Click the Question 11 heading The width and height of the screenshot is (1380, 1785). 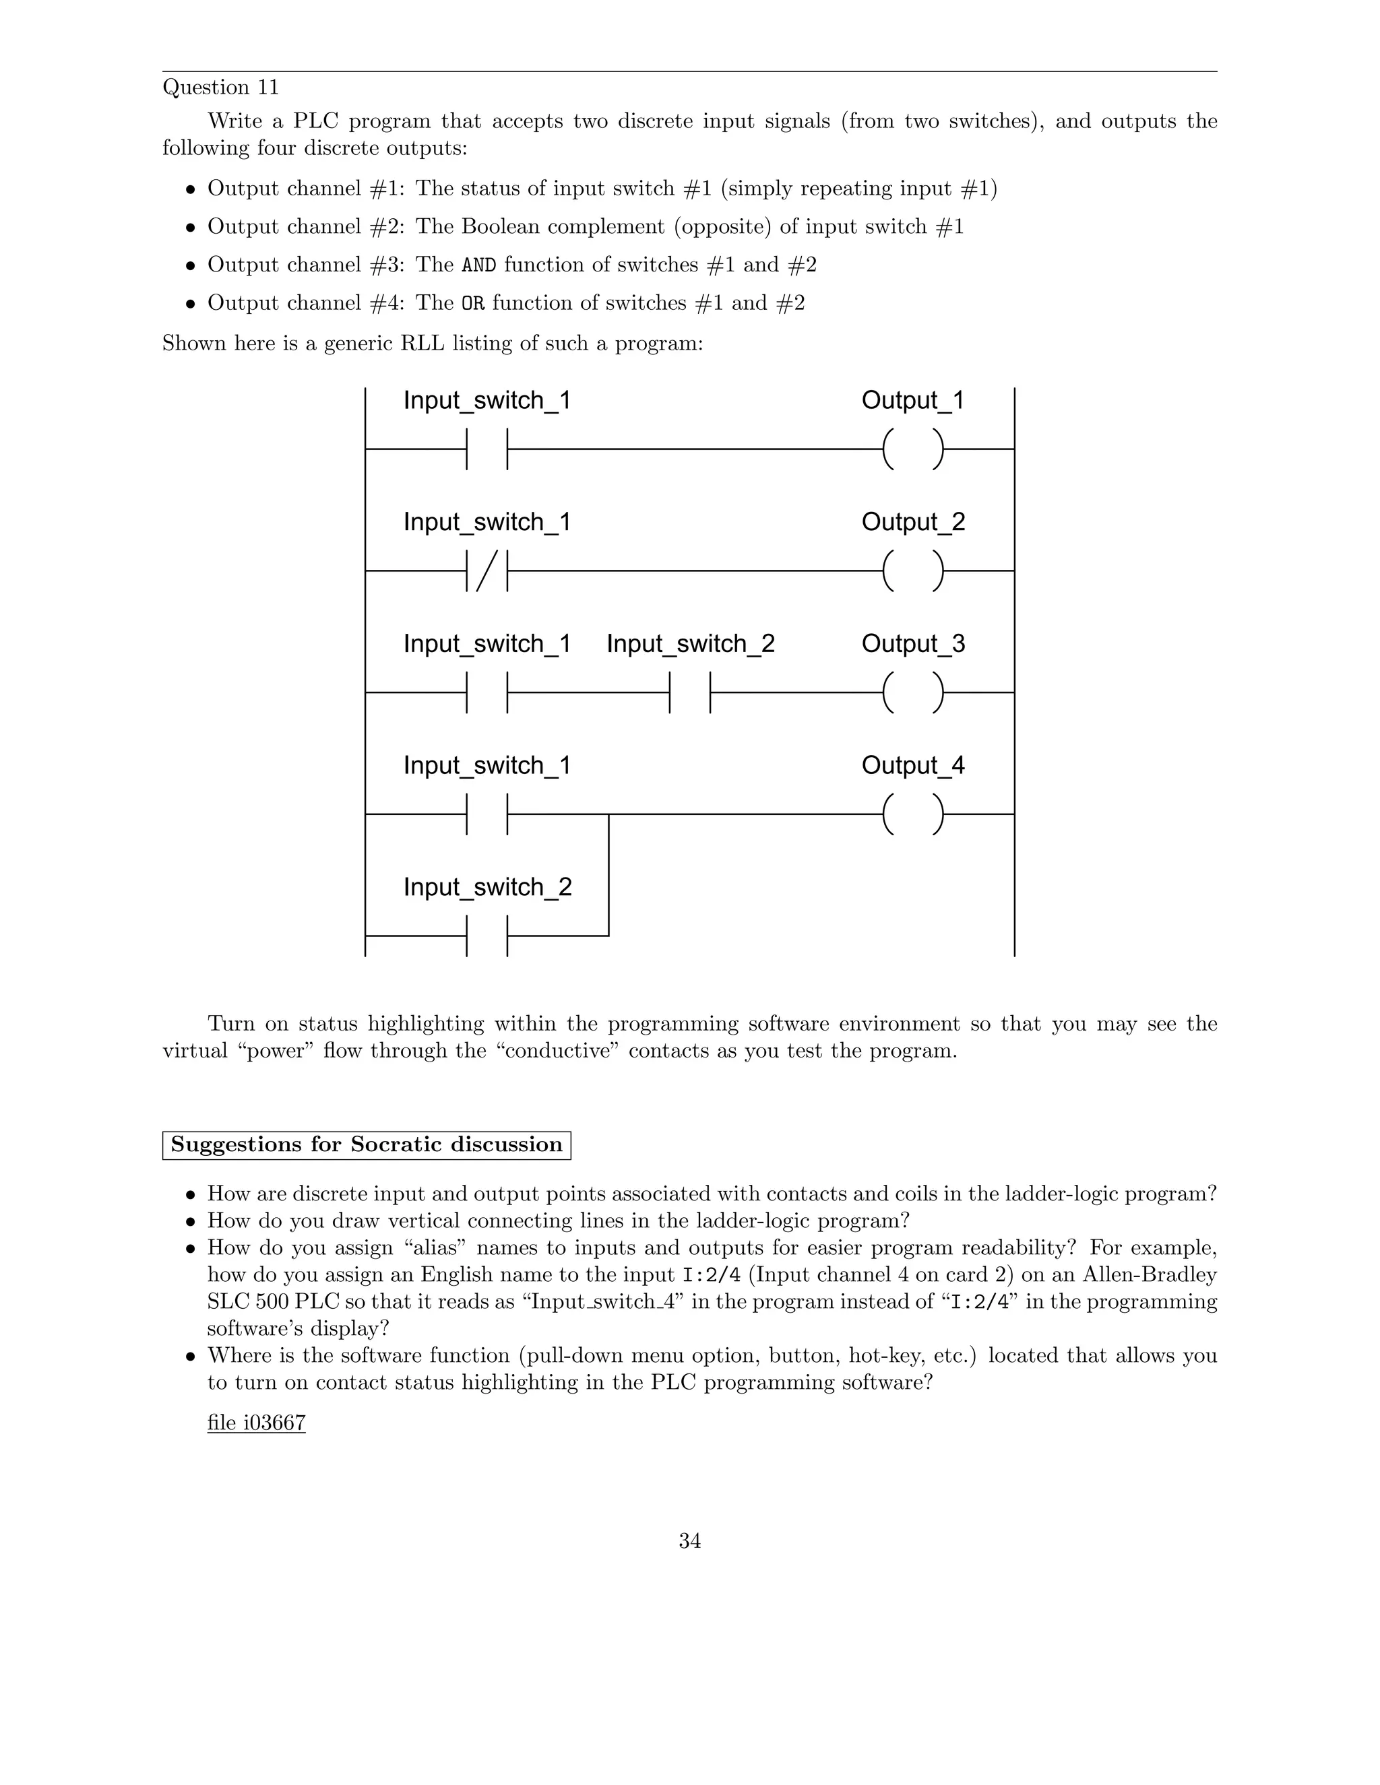pos(221,88)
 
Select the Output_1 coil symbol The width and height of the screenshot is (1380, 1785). pos(913,449)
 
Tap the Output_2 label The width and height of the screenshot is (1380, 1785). pos(913,522)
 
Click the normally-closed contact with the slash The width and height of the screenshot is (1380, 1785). pos(487,571)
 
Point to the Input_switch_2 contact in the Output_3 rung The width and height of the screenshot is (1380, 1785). pos(690,692)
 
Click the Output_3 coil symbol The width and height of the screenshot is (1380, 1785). pos(913,692)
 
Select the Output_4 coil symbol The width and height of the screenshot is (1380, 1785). pos(913,814)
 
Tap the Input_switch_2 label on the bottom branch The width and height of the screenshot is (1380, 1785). pos(487,887)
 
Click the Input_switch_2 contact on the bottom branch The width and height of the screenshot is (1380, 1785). pos(487,935)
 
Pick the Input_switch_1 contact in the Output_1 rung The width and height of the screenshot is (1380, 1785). pos(487,449)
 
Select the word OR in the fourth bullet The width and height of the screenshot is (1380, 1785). pos(472,304)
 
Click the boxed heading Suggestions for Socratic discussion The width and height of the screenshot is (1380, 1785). pos(367,1144)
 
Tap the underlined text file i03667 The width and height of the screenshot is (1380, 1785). pos(256,1423)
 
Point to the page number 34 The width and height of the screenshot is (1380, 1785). pos(689,1540)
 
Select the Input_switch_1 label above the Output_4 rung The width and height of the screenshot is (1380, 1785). pos(487,766)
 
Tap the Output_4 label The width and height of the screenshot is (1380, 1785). pos(913,766)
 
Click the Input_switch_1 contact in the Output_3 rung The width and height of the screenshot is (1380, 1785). pos(487,692)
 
